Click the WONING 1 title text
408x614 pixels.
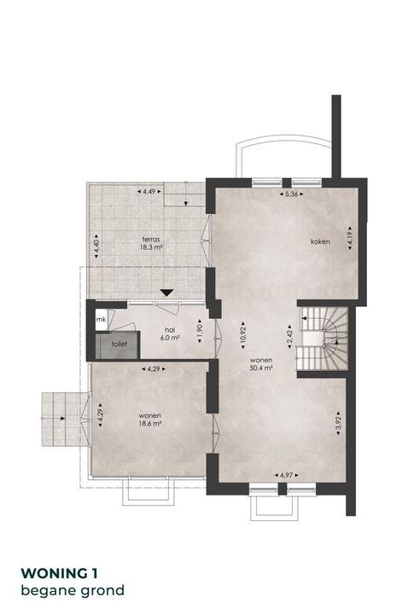(59, 573)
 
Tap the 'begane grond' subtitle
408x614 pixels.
(73, 590)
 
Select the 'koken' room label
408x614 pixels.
(320, 241)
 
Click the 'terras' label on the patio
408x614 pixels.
(151, 239)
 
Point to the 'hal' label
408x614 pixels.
(170, 330)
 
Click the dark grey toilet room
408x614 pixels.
(118, 345)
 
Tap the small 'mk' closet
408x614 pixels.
(101, 320)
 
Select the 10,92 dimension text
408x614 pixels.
(243, 335)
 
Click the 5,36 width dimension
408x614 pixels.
(292, 194)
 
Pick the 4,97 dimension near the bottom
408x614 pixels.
(286, 475)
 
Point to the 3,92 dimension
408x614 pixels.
(339, 423)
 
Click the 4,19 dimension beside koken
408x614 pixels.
(350, 238)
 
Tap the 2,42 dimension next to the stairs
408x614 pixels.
(289, 336)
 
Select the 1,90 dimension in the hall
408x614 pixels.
(200, 332)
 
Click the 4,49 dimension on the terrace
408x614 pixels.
(149, 192)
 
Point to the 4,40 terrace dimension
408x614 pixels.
(96, 246)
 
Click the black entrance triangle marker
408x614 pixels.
(167, 293)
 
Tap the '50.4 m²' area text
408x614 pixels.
(261, 368)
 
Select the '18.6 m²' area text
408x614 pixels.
(150, 424)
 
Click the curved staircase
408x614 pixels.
(323, 338)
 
